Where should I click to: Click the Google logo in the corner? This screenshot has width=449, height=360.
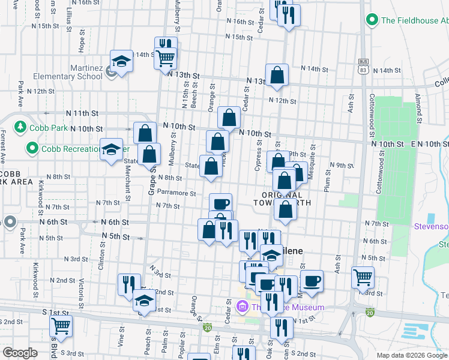tap(20, 353)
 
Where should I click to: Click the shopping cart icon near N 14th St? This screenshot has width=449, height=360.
tap(165, 58)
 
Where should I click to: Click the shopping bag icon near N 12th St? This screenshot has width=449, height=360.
tap(277, 75)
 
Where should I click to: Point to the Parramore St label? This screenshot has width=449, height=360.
tap(176, 194)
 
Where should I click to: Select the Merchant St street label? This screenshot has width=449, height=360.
tap(128, 181)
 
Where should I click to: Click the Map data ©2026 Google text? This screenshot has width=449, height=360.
tap(411, 355)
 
